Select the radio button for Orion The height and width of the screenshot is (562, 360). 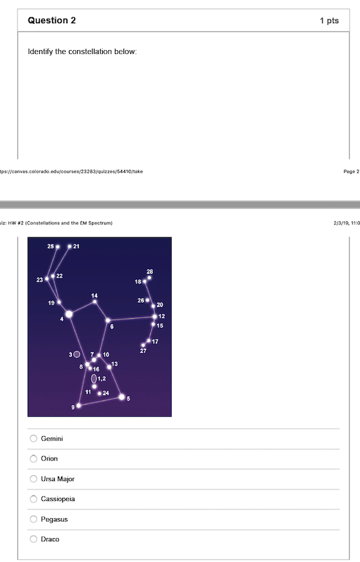pos(33,458)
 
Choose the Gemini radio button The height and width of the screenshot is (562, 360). pos(33,439)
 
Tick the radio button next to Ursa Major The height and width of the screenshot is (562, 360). pos(33,479)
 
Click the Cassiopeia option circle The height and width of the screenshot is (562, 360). pos(33,499)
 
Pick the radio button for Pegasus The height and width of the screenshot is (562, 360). pos(33,519)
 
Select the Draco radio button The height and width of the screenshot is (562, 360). pos(33,539)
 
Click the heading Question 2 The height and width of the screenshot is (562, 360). pos(52,21)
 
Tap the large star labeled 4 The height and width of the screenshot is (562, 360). pos(69,314)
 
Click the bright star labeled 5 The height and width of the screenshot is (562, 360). pos(122,397)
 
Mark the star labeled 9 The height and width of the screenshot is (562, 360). pos(79,406)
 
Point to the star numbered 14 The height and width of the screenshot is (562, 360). pos(94,301)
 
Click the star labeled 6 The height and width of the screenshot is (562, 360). pos(107,320)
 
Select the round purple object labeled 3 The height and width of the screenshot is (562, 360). pos(77,354)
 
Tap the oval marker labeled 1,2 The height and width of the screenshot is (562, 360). pos(94,379)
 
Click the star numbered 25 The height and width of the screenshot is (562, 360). pos(58,247)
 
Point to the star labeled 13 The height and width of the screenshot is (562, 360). pos(109,367)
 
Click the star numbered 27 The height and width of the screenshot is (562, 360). pos(143,345)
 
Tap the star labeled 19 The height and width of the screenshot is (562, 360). pos(59,302)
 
